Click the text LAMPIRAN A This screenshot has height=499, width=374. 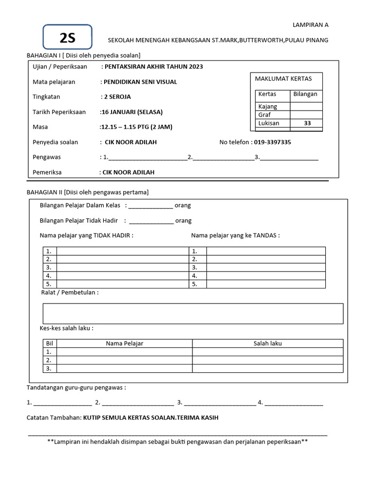tap(310, 24)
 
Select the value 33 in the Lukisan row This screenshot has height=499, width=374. tap(307, 123)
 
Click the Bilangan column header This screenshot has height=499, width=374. tap(306, 94)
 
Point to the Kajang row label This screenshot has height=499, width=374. tap(267, 106)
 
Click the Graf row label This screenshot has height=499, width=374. tap(264, 115)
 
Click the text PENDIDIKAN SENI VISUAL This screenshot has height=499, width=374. tap(140, 82)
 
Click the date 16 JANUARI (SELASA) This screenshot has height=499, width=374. tap(131, 112)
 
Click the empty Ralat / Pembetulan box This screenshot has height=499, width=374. tap(193, 313)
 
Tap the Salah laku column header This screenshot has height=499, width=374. tap(267, 343)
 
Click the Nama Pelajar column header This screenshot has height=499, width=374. tap(125, 343)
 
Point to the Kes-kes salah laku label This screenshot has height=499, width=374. tap(67, 328)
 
